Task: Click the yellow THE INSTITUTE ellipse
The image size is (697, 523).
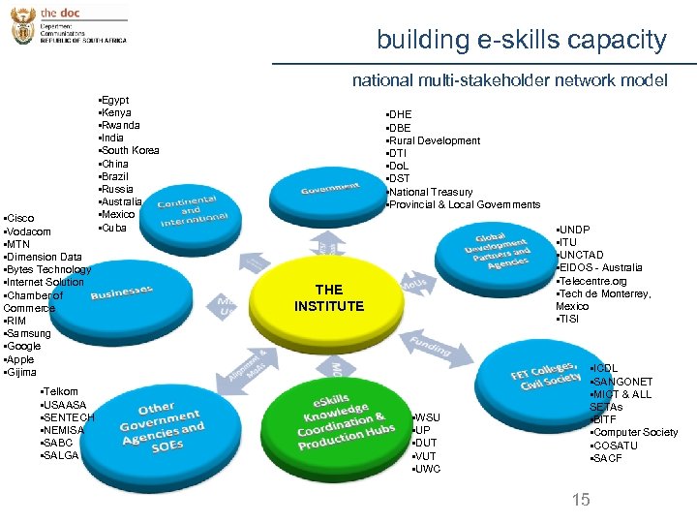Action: coord(329,297)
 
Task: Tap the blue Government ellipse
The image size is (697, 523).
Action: coord(329,189)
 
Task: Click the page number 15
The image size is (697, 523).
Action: coord(581,500)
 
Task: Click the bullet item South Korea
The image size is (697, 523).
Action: coord(130,150)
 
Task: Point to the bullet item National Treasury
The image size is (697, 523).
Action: coord(430,192)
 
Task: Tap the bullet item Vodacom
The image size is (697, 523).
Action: coord(28,231)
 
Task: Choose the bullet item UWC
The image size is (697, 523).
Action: coord(427,469)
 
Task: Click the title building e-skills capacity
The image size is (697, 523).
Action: coord(522,41)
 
